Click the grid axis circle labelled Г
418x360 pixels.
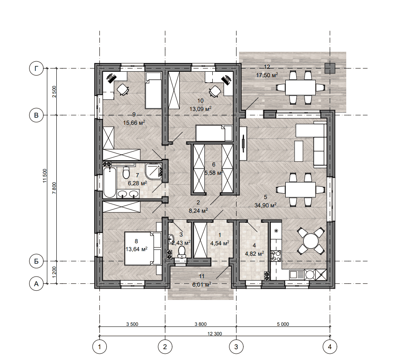tap(36, 68)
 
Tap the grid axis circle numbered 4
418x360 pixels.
tap(330, 347)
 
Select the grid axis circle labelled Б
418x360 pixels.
tap(36, 261)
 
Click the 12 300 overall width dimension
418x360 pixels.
tap(214, 334)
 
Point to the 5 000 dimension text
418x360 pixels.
tap(283, 324)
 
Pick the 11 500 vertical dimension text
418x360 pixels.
tap(45, 176)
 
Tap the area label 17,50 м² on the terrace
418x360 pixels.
tap(267, 75)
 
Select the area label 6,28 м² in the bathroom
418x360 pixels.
tap(137, 183)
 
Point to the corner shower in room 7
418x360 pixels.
tap(154, 171)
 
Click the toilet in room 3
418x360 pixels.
tap(182, 252)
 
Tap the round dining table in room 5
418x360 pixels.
tap(311, 241)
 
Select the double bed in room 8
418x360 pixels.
tap(143, 248)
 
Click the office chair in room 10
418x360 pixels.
tap(215, 91)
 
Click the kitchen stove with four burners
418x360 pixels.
tap(276, 256)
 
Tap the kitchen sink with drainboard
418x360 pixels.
tap(296, 274)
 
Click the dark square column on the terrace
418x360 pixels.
tap(330, 68)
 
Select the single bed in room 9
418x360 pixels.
tap(154, 90)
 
